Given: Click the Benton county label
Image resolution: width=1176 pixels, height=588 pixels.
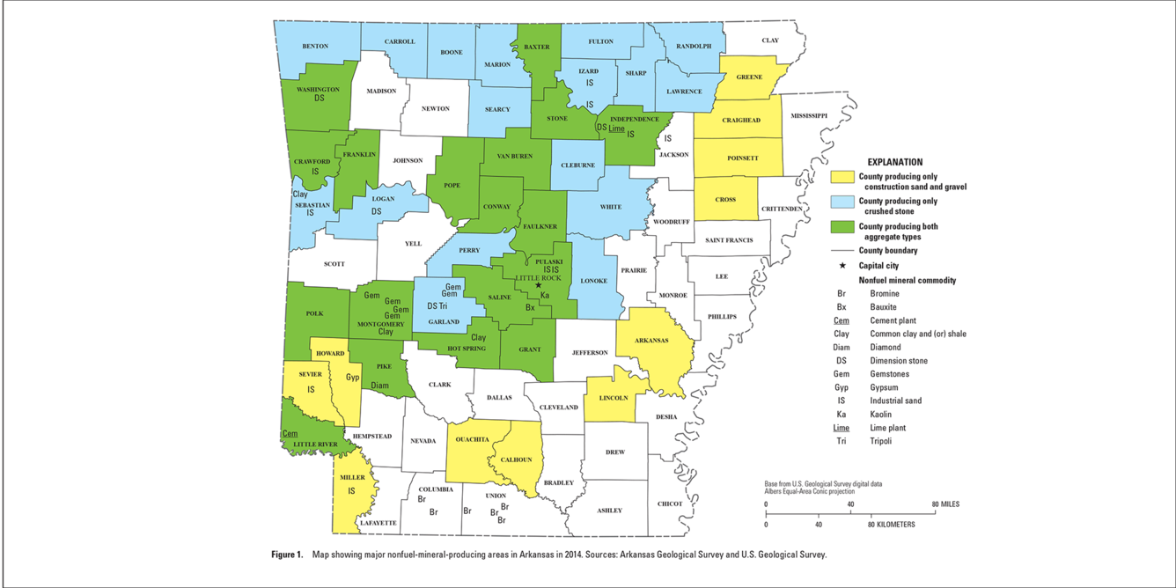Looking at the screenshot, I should point(315,46).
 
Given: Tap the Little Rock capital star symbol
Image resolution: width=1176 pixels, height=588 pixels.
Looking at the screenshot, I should point(539,285).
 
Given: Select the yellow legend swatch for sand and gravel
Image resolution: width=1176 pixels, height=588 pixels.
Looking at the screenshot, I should point(843,177).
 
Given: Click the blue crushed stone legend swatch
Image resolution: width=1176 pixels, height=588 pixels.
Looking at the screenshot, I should point(843,202).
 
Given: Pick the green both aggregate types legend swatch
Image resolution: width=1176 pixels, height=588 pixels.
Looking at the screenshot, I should point(843,227).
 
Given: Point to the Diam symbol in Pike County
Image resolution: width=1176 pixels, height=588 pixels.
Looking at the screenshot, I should point(379,386).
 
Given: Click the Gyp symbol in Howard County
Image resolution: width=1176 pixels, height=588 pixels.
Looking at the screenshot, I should point(352,378).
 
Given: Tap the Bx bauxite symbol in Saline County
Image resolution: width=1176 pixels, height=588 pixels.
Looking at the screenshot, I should point(530,307).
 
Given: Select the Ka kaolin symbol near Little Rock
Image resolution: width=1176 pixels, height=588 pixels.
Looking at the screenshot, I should point(545,295).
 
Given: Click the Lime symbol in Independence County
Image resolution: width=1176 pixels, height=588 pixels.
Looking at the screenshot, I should point(616,129).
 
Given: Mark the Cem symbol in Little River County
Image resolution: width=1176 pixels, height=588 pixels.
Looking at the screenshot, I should point(290,434).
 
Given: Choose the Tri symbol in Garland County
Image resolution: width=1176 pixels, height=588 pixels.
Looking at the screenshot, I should point(444,305).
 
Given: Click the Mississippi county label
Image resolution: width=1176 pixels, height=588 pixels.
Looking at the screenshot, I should point(809,115).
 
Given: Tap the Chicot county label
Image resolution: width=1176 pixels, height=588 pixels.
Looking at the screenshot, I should point(669,504).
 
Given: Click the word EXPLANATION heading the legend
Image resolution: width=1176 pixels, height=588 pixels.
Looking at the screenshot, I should point(894,162).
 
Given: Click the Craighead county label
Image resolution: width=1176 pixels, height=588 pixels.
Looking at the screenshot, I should point(740,120).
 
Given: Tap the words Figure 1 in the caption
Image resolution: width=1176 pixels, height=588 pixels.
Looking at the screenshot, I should point(287,555).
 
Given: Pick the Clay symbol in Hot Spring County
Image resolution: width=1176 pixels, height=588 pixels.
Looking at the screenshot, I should point(478,337).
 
